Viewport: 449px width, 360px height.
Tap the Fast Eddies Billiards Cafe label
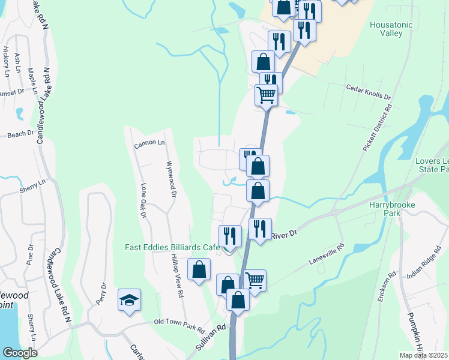tap(172, 247)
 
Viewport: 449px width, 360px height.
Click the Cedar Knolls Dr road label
tap(368, 92)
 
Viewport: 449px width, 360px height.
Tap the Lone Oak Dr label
tap(143, 200)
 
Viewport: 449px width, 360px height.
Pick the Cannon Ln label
tap(149, 143)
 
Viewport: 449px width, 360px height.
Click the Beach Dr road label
tap(21, 134)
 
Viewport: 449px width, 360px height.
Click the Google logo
tap(20, 353)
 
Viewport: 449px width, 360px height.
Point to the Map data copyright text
tap(423, 355)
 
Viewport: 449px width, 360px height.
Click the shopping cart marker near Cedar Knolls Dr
tap(265, 94)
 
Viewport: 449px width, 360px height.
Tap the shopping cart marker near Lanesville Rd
tap(255, 279)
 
